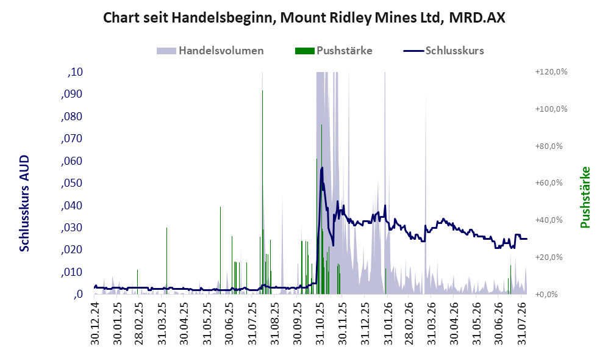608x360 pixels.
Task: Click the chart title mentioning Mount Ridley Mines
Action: click(304, 18)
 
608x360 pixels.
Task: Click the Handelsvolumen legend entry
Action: click(210, 51)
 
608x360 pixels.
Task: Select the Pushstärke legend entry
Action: click(334, 51)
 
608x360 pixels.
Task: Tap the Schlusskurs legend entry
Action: click(443, 51)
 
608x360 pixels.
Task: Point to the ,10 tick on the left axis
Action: click(75, 72)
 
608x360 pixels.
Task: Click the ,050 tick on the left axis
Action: click(72, 182)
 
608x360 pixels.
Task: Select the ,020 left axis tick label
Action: click(72, 250)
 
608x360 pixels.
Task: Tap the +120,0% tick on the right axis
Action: click(551, 72)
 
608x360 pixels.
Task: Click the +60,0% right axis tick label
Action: click(549, 182)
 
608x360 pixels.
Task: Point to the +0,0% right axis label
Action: click(546, 294)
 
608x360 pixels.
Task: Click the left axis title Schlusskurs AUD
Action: click(24, 203)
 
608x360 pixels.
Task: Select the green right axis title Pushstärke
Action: click(585, 198)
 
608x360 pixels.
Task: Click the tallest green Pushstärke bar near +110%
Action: click(262, 192)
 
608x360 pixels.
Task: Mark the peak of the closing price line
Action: click(321, 168)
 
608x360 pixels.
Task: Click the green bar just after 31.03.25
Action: click(166, 261)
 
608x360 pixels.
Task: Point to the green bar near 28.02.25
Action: click(137, 282)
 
